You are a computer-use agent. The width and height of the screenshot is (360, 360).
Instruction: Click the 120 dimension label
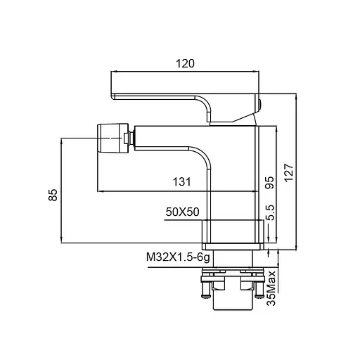point(185,63)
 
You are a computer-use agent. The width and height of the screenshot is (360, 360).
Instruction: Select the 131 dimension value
point(181,182)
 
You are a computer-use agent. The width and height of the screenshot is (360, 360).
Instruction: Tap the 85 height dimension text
point(53,195)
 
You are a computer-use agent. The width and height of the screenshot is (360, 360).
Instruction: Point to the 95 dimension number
point(269,183)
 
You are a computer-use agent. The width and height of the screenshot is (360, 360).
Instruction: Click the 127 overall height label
point(289,173)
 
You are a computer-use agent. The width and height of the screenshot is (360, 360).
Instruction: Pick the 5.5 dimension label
point(270,212)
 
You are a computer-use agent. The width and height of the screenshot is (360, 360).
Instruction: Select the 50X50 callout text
point(183,212)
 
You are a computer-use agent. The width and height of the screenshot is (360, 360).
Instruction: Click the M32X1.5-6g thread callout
point(178,257)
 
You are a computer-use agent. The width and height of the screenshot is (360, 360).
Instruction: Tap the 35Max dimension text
point(271,288)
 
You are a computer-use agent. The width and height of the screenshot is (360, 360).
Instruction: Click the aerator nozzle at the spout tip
point(113,139)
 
